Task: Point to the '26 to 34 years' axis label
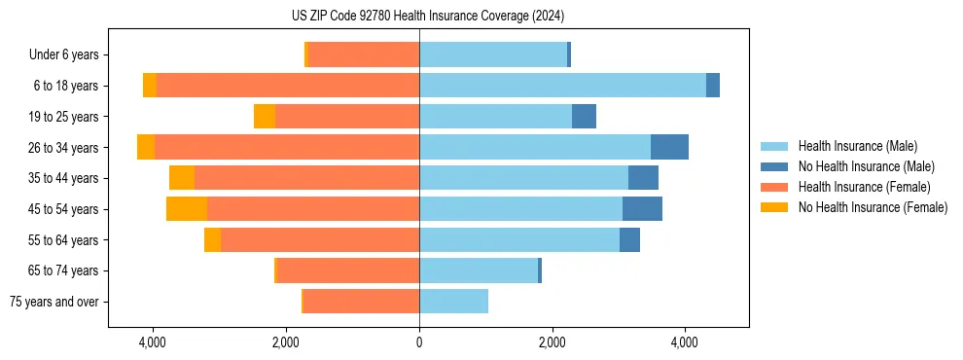[x=64, y=148]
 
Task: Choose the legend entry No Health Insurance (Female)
[x=873, y=207]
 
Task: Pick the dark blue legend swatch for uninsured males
[x=775, y=166]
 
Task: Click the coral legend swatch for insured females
[x=775, y=187]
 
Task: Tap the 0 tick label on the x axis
[x=419, y=342]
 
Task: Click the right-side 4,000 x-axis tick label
[x=685, y=342]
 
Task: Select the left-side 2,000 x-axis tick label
[x=286, y=342]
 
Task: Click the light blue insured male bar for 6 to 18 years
[x=562, y=86]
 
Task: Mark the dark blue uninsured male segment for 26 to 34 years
[x=669, y=147]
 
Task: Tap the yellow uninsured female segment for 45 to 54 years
[x=187, y=209]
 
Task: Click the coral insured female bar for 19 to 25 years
[x=347, y=117]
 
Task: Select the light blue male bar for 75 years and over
[x=453, y=302]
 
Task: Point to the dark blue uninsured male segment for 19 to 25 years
[x=584, y=117]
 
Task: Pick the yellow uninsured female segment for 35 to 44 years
[x=182, y=178]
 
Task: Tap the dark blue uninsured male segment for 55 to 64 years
[x=629, y=239]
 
